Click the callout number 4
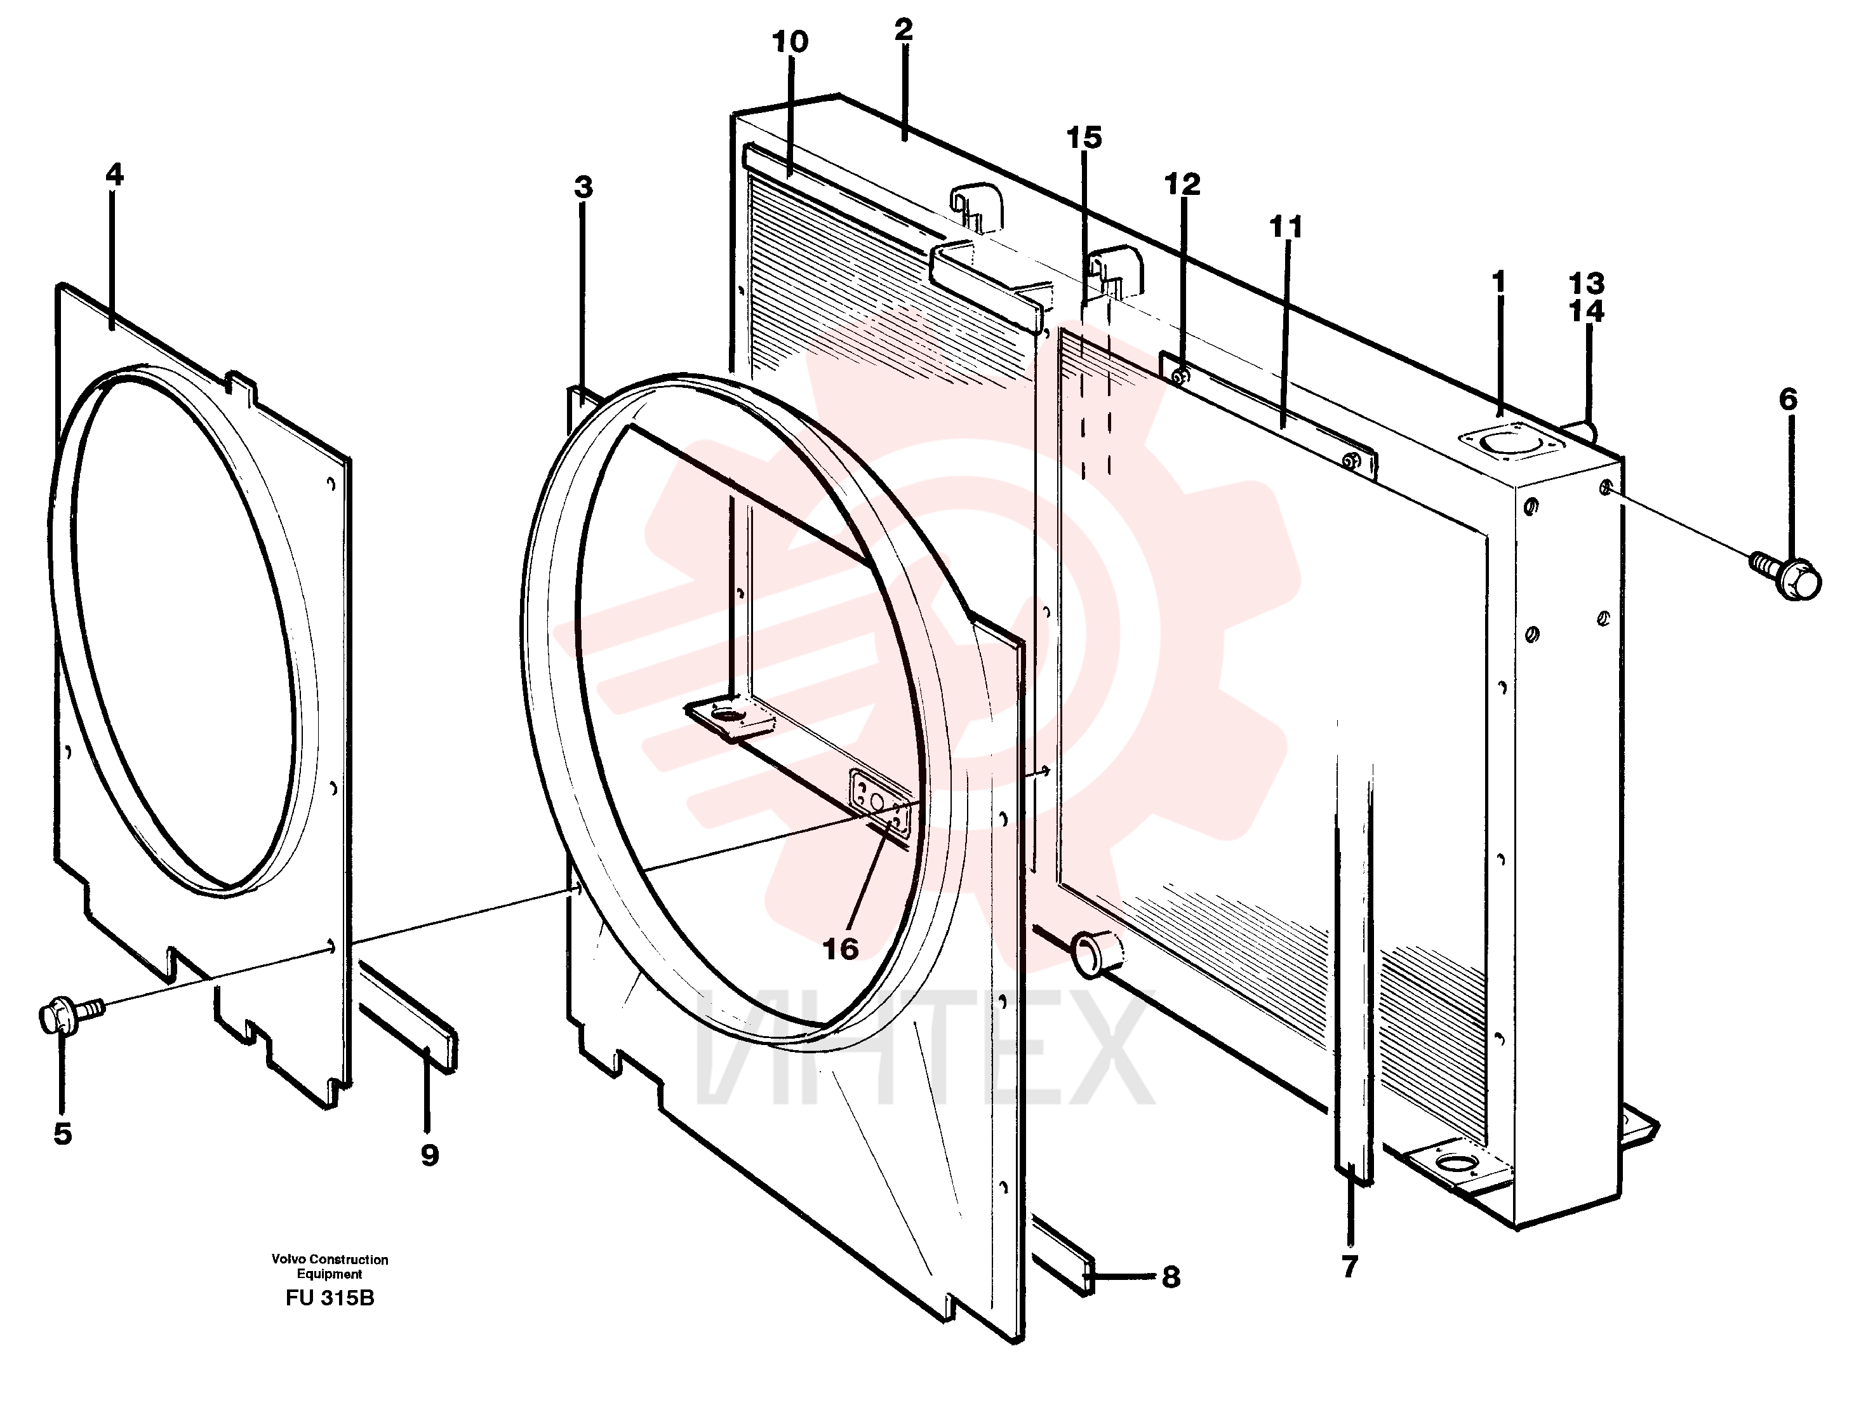point(114,175)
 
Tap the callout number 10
point(790,42)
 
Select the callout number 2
point(904,29)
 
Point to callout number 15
point(1084,138)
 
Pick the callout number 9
point(429,1155)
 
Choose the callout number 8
point(1171,1277)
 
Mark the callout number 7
point(1350,1267)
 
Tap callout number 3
point(584,187)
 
